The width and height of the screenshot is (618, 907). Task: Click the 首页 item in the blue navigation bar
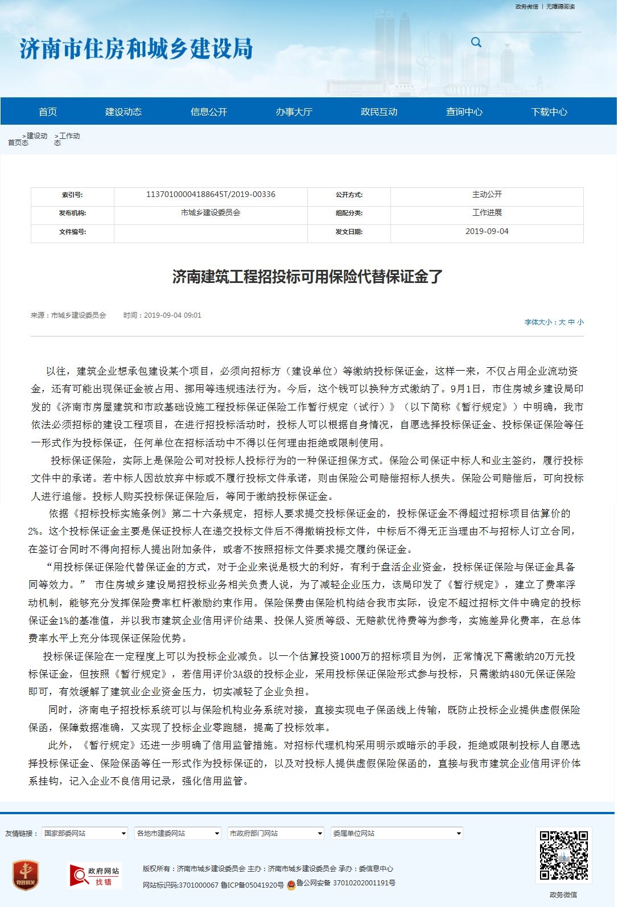click(48, 112)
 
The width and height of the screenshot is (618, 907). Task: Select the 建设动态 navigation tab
click(123, 112)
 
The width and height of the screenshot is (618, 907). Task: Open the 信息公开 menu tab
click(208, 112)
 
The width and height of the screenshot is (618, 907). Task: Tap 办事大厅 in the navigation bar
click(294, 112)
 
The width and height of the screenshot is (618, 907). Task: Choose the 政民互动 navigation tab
click(379, 112)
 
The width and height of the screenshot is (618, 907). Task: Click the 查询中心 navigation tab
click(464, 112)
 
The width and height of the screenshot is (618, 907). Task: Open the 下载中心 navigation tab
click(549, 112)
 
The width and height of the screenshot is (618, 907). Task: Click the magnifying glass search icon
click(476, 42)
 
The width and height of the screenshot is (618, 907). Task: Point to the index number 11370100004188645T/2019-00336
click(211, 194)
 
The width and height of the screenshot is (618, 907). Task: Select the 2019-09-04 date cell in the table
click(487, 231)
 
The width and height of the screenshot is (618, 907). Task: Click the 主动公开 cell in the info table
click(487, 194)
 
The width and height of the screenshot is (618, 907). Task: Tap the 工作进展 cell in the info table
click(487, 212)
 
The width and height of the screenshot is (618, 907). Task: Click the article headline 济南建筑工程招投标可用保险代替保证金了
click(307, 277)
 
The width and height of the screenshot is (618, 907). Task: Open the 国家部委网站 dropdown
click(85, 833)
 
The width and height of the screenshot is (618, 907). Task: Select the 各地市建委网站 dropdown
click(178, 833)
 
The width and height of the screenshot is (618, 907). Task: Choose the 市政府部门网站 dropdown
click(276, 833)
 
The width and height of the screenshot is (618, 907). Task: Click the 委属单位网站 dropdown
click(397, 833)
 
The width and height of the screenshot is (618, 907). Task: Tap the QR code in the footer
click(563, 855)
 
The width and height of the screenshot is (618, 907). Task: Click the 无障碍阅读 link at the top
click(561, 7)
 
